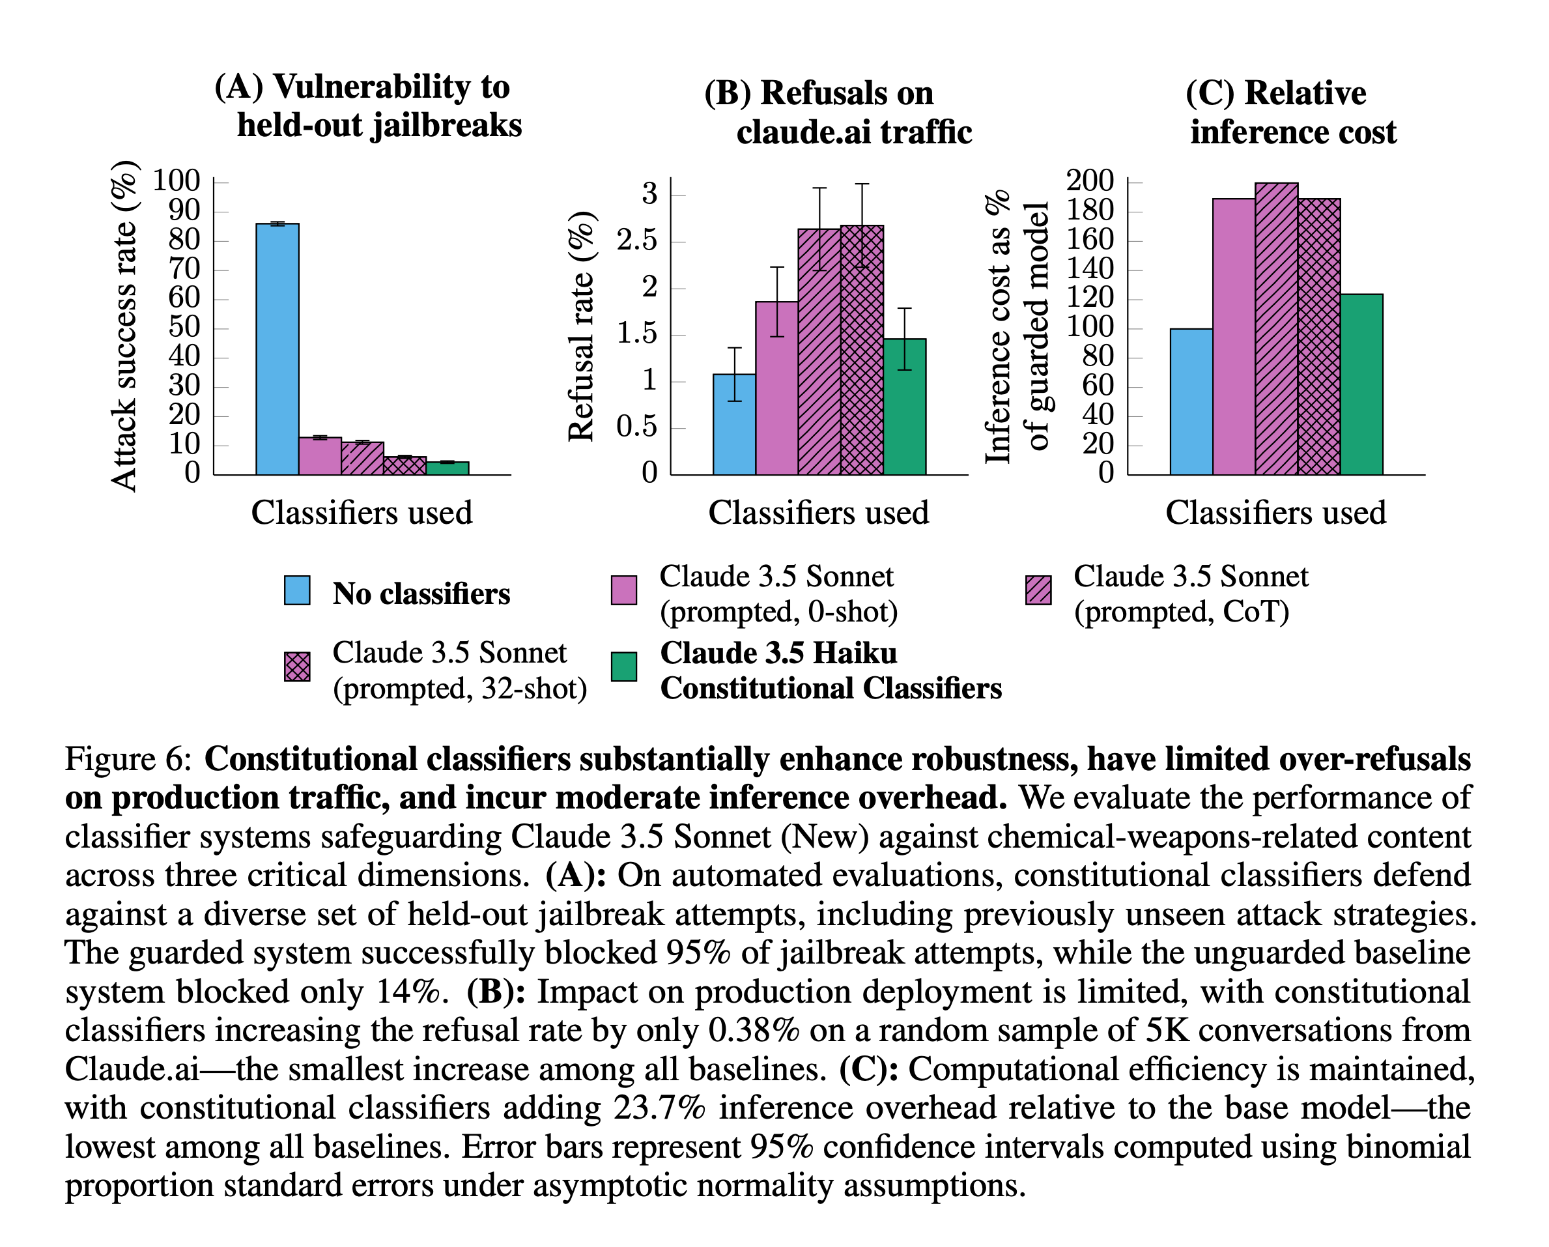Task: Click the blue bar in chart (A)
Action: click(x=277, y=349)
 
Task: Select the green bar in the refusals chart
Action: click(x=905, y=406)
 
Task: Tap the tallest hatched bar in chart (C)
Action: click(x=1277, y=329)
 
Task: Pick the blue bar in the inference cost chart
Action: click(x=1191, y=402)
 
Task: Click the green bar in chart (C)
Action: click(x=1361, y=384)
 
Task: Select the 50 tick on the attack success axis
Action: click(x=184, y=328)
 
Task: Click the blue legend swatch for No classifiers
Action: click(x=298, y=590)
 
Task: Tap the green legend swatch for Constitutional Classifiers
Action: click(x=623, y=666)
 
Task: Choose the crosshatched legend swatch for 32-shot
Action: click(x=298, y=666)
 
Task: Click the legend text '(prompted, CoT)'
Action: click(x=1181, y=612)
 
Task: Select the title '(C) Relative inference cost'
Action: click(x=1291, y=113)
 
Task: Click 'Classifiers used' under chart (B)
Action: click(x=818, y=513)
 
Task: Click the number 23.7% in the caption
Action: click(x=660, y=1108)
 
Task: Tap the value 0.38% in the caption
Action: click(x=754, y=1031)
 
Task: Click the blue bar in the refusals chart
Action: click(x=734, y=424)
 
